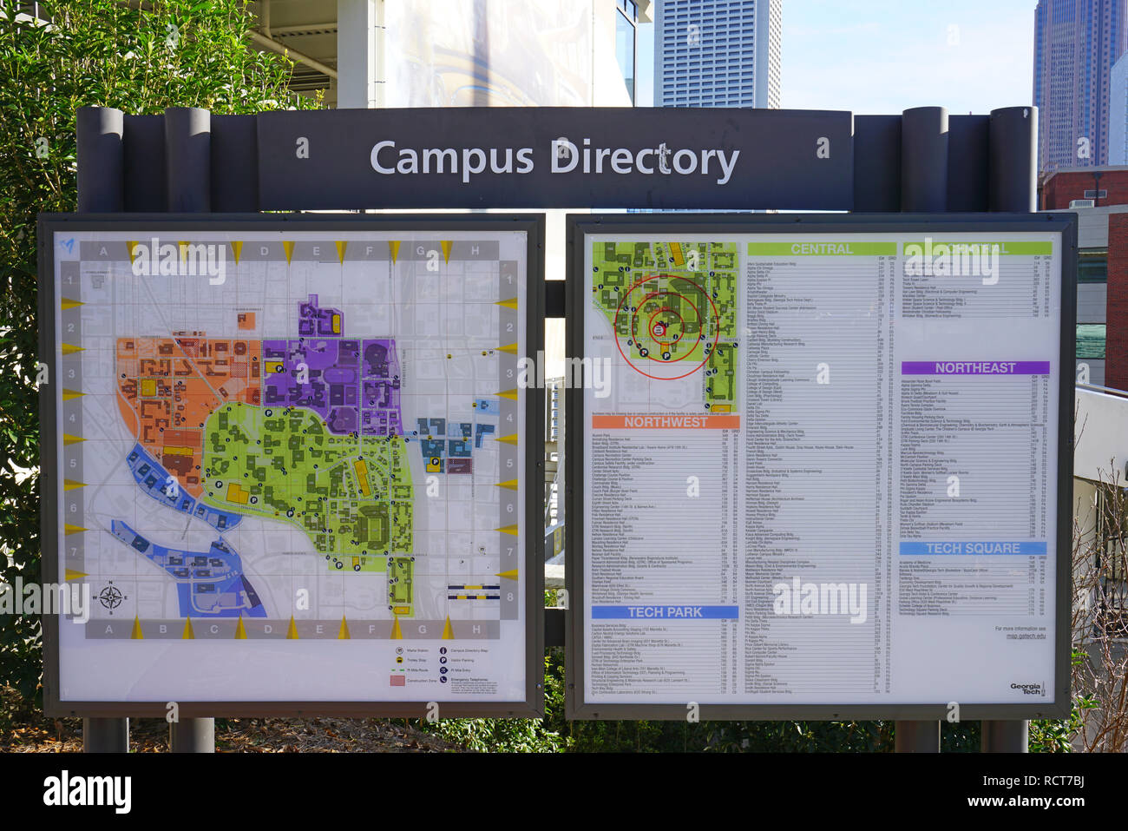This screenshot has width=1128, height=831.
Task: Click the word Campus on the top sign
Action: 450,159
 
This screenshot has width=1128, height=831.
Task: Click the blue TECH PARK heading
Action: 665,612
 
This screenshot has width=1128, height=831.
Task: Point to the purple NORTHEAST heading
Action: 974,368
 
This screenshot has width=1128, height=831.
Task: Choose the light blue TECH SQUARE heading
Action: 973,549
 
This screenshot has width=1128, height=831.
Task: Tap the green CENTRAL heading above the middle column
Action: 821,249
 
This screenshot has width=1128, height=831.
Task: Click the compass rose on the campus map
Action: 110,597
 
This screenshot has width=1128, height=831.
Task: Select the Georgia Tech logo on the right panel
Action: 1025,689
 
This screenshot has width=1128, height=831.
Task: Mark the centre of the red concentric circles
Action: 661,328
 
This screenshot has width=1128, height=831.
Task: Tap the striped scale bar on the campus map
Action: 474,595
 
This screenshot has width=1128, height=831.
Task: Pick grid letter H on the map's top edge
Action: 475,252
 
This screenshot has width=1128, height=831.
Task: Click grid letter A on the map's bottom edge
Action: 108,630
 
